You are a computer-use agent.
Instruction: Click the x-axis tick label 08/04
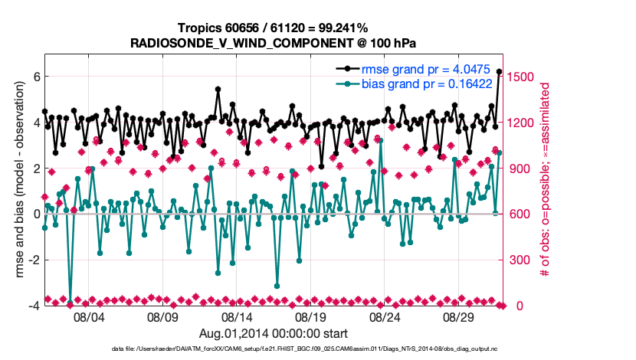click(88, 316)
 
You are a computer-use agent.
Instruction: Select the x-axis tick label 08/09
click(162, 316)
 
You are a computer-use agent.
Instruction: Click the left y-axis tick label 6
click(35, 77)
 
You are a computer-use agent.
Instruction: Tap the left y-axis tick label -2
click(33, 260)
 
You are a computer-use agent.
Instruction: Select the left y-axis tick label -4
click(33, 306)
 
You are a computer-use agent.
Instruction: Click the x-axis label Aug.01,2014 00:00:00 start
click(274, 333)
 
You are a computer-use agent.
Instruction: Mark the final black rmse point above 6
click(500, 71)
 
